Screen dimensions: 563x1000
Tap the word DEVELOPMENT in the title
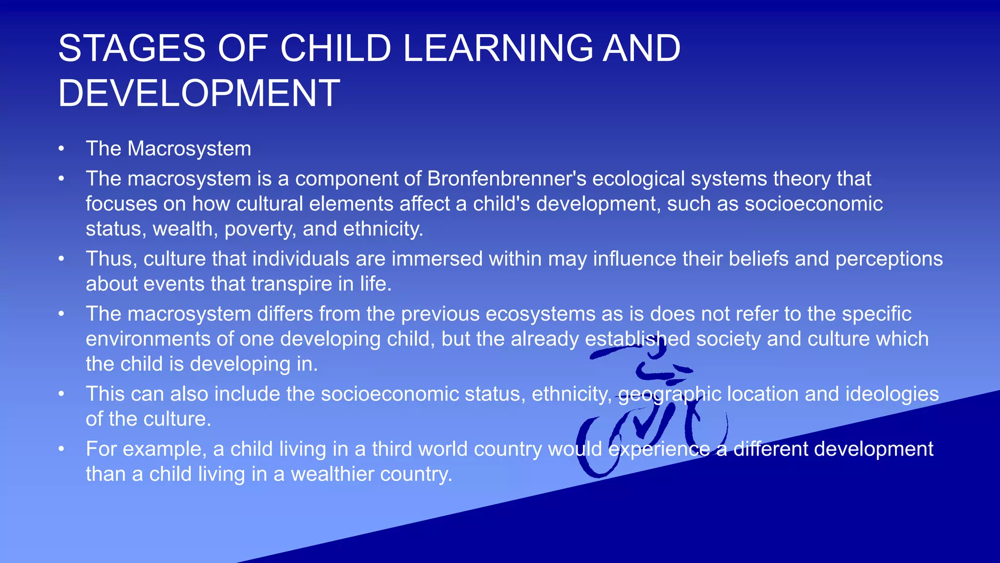tap(199, 93)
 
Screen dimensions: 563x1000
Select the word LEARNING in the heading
tap(498, 48)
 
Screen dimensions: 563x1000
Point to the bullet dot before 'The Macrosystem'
tap(61, 149)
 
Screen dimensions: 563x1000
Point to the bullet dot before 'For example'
tap(61, 449)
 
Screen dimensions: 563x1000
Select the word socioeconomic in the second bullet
tap(813, 204)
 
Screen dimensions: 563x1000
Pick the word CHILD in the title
tap(336, 48)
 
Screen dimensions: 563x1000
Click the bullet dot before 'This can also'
tap(61, 394)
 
